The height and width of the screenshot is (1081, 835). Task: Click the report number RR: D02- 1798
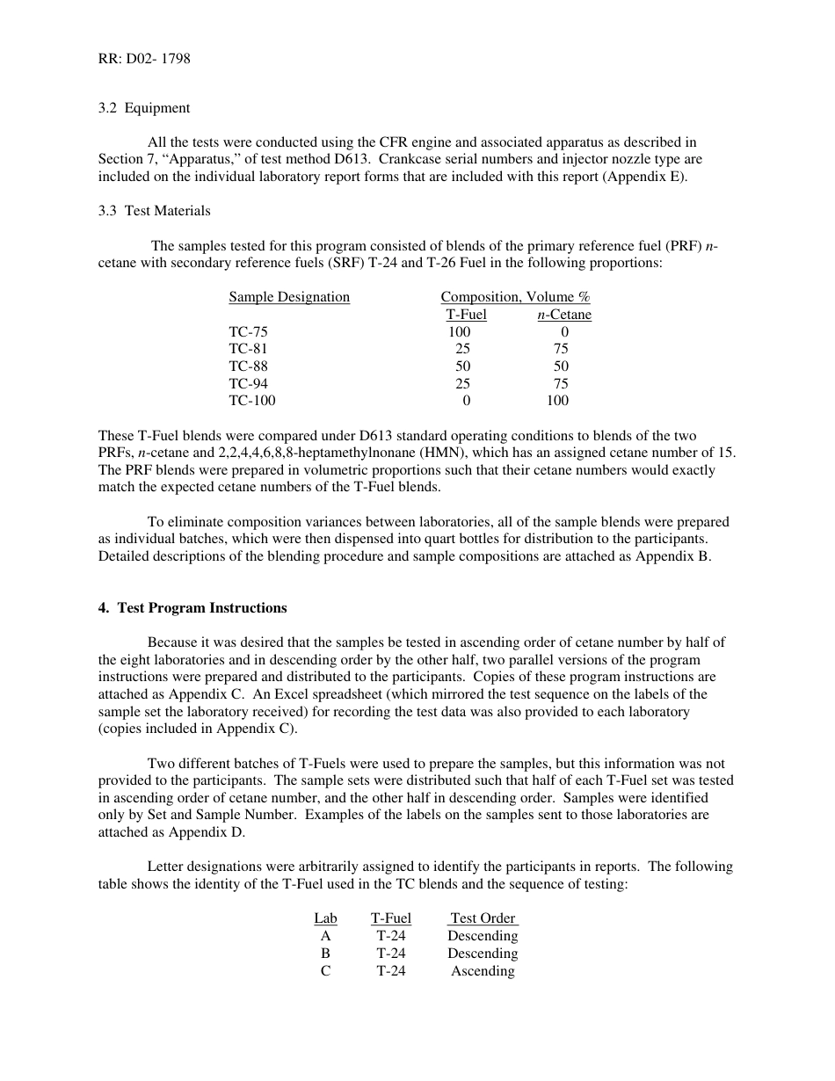[x=144, y=60]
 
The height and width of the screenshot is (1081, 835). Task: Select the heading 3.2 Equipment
[x=144, y=108]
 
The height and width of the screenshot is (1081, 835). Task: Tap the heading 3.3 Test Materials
[x=155, y=211]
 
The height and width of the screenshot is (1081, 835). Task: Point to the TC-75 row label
[x=249, y=332]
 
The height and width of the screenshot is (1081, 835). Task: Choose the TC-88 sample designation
[x=249, y=366]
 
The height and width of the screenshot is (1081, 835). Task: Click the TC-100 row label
[x=252, y=401]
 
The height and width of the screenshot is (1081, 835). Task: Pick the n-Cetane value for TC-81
[x=561, y=349]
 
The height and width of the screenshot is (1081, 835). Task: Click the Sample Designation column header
[x=289, y=297]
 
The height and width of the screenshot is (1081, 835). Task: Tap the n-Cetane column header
[x=564, y=315]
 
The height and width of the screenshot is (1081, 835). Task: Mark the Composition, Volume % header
[x=515, y=297]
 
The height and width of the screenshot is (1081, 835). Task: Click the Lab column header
[x=325, y=918]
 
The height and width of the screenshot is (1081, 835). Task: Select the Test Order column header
[x=483, y=918]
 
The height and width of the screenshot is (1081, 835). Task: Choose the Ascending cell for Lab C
[x=483, y=971]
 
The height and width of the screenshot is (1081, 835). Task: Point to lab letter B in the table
[x=325, y=954]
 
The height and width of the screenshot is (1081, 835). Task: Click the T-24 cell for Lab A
[x=391, y=936]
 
